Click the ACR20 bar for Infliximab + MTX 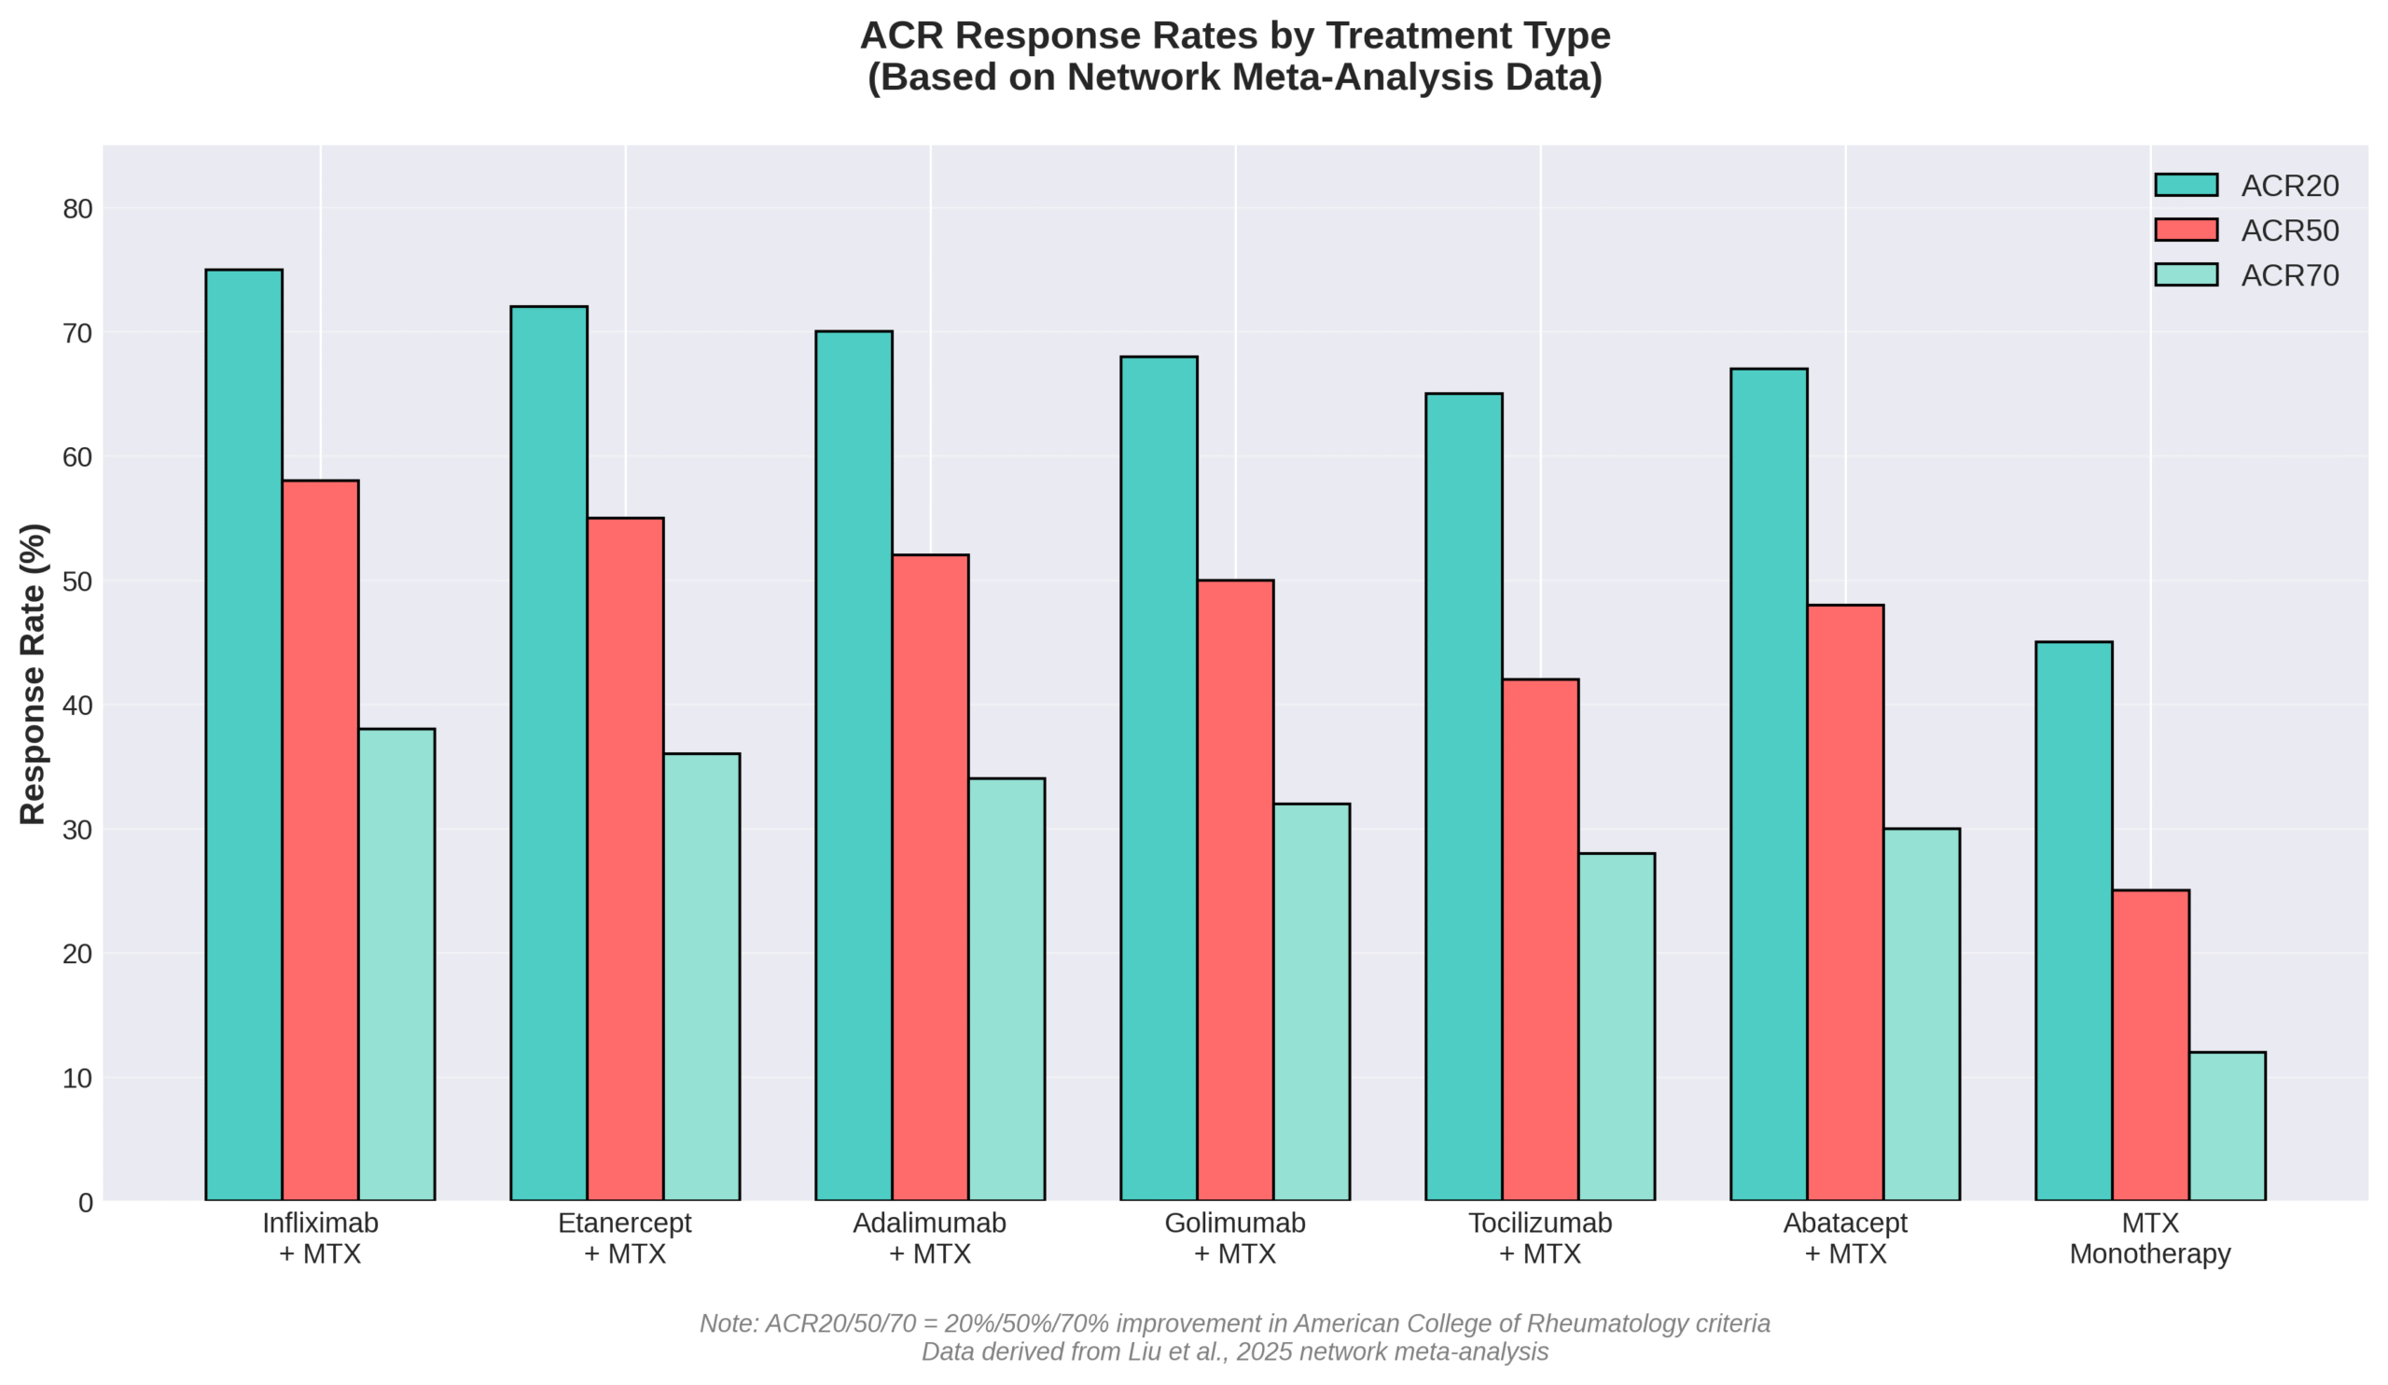click(243, 734)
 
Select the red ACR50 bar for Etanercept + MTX click(624, 858)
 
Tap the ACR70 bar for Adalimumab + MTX click(1006, 988)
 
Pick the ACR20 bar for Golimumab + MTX click(1158, 777)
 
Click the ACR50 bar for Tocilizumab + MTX click(1540, 939)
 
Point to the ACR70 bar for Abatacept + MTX click(1921, 1014)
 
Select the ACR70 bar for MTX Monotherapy click(2227, 1126)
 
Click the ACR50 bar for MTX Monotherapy click(2150, 1044)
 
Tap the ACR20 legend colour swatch click(2187, 185)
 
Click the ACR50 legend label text click(2289, 231)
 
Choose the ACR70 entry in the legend click(2289, 276)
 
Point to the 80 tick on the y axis click(77, 208)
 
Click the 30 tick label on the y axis click(77, 831)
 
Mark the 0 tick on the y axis click(85, 1203)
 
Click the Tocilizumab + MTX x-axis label click(1540, 1238)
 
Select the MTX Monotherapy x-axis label click(2150, 1238)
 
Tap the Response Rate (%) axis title click(33, 673)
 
